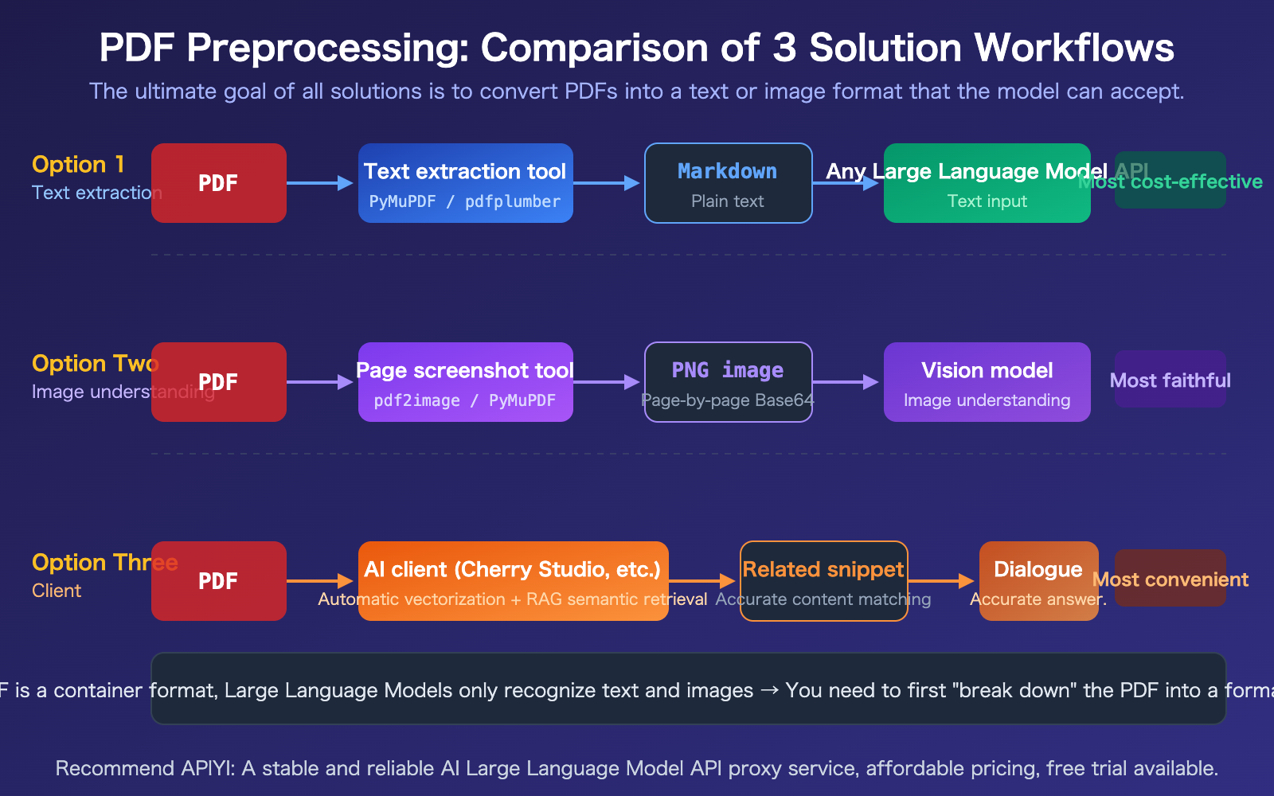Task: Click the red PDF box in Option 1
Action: point(218,183)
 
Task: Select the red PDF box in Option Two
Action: point(218,382)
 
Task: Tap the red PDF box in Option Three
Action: point(218,581)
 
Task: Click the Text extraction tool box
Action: point(465,183)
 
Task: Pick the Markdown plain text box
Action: point(728,183)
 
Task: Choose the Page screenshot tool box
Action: point(465,382)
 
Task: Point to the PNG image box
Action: point(728,382)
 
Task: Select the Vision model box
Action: point(987,382)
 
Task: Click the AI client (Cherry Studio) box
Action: point(513,581)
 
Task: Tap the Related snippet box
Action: point(823,581)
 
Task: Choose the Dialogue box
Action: point(1038,581)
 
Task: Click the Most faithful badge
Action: point(1170,380)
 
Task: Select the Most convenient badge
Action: point(1170,579)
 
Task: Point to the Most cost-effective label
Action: point(1170,181)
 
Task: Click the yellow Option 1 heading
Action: point(78,165)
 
